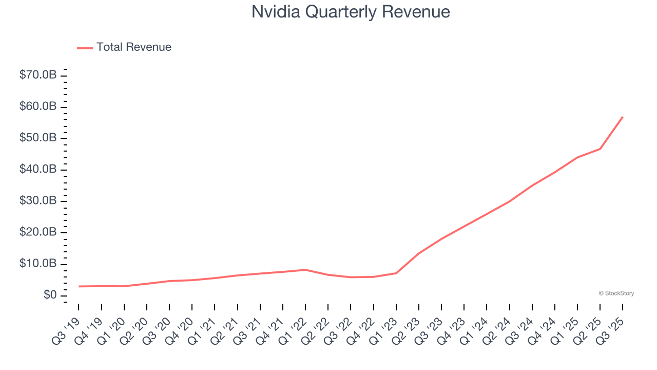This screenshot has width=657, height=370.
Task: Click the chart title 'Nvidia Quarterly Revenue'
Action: click(351, 12)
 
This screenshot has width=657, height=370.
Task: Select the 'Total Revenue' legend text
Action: click(133, 47)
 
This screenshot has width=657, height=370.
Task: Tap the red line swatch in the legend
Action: click(85, 48)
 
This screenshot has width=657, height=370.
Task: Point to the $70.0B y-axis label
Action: click(37, 75)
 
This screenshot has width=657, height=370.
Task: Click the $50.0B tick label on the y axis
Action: click(37, 138)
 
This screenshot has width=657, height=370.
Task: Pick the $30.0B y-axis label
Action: click(37, 201)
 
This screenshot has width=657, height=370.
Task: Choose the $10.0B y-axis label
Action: click(37, 264)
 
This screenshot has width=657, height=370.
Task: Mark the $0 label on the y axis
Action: click(49, 295)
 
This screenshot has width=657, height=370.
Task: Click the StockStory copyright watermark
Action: click(616, 293)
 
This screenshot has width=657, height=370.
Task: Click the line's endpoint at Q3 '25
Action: click(623, 117)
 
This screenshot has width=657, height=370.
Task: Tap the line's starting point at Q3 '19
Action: click(79, 286)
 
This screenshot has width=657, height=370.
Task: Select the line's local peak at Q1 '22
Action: click(305, 270)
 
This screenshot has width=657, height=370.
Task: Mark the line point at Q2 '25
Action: click(600, 149)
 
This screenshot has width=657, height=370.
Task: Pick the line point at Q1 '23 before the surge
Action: click(396, 273)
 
